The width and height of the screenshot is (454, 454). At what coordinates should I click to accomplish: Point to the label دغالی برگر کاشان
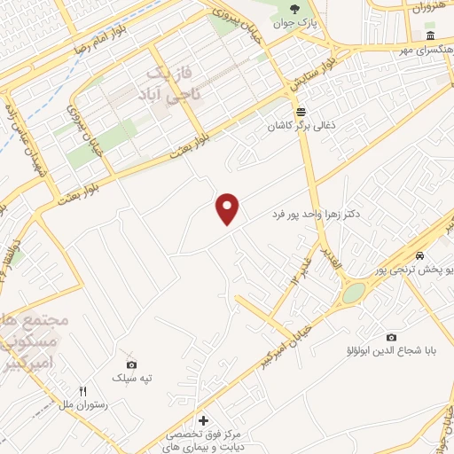pos(301,127)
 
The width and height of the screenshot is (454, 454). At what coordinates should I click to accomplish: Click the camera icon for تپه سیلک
pos(131,364)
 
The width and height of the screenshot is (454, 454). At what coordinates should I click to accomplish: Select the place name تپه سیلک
pos(131,379)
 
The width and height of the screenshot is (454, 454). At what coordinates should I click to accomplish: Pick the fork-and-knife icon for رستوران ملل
pos(82,390)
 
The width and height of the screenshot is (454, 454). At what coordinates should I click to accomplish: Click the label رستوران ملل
pos(82,404)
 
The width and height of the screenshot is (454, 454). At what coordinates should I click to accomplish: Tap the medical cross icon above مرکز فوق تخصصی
pos(203,419)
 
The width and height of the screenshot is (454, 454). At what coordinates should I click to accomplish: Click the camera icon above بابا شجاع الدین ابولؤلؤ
pos(391,337)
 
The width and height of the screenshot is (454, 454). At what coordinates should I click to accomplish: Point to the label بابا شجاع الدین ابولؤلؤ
pos(391,352)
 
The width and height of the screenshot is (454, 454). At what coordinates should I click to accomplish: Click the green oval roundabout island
pos(354,292)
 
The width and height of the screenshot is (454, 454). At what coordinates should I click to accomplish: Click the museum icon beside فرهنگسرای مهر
pos(429,36)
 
